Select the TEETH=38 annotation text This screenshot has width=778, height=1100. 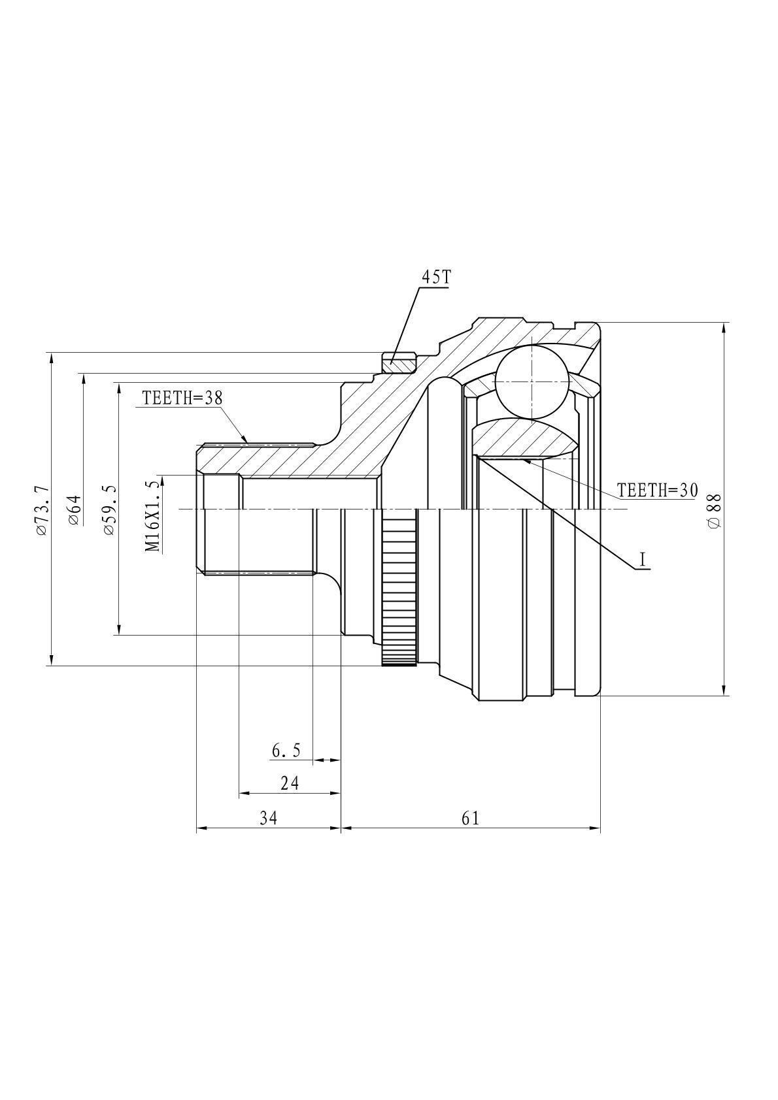coord(182,398)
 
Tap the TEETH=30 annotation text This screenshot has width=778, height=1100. coord(657,490)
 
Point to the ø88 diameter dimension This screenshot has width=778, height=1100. coord(714,511)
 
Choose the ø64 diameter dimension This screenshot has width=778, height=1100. coord(74,511)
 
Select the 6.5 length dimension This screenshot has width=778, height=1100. coord(286,751)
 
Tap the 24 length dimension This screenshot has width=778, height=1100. coord(290,783)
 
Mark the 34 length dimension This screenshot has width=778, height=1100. coord(268,818)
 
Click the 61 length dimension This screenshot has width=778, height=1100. coord(470,818)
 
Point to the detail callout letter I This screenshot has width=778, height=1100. coord(642,559)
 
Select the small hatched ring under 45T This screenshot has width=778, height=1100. coord(399,363)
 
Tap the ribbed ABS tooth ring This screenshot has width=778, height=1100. coord(399,587)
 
